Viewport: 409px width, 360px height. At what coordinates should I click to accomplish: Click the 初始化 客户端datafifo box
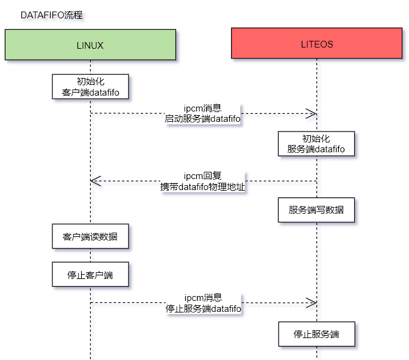point(90,86)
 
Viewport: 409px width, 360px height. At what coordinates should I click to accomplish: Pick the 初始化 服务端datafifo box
point(316,143)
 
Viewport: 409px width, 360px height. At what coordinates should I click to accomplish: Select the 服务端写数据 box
point(316,210)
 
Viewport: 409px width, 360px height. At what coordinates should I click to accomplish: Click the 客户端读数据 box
point(90,236)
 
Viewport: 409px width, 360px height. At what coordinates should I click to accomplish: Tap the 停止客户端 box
point(90,275)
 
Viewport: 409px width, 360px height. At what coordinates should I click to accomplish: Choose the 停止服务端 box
point(316,334)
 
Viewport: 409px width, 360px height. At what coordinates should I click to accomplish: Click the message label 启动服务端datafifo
point(203,119)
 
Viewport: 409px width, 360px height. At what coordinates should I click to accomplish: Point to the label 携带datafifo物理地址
point(203,187)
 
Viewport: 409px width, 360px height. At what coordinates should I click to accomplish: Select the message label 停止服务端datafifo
point(203,309)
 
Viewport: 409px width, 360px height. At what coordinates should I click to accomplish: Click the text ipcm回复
point(203,176)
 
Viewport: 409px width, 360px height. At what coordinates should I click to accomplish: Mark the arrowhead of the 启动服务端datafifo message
point(312,113)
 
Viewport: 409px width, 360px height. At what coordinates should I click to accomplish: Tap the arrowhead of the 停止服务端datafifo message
point(312,303)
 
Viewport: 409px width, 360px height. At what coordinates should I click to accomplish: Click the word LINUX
point(90,45)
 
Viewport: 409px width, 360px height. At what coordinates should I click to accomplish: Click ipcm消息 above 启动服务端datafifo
point(203,108)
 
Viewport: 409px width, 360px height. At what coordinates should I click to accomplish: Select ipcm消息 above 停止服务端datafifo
point(203,298)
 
